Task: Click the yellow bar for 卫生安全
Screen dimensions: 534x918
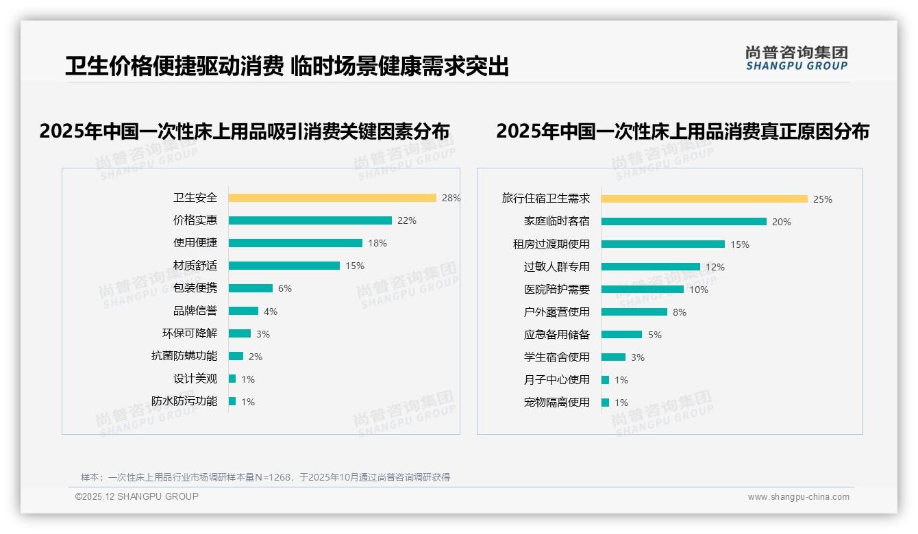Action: pos(332,198)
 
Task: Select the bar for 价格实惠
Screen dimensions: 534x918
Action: pos(310,220)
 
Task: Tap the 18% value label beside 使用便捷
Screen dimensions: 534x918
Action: pos(377,243)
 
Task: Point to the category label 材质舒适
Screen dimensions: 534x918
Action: pos(195,266)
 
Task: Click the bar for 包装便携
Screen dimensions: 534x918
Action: pos(251,288)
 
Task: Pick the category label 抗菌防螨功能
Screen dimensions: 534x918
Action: pos(184,356)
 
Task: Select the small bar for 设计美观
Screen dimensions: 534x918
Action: pos(232,379)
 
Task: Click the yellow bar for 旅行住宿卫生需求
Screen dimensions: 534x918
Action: pos(704,199)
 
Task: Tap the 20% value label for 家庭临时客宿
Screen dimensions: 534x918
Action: pos(782,222)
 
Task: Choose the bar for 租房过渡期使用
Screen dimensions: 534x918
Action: pos(662,244)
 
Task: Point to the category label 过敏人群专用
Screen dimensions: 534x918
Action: pos(557,267)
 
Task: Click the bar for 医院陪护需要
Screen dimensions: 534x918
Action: pos(643,289)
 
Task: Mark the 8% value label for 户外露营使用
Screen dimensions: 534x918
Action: pos(680,312)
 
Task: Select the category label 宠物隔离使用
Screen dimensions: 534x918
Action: pos(557,403)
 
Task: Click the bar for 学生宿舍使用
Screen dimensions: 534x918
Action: pos(613,357)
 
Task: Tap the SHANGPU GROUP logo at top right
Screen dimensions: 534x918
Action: pos(796,58)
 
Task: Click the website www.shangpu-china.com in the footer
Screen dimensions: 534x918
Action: pos(798,497)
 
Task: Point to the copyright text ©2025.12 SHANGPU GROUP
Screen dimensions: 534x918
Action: pos(137,496)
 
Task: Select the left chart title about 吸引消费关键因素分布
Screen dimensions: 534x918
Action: pos(245,131)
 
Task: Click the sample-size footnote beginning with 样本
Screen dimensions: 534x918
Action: pos(265,477)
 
